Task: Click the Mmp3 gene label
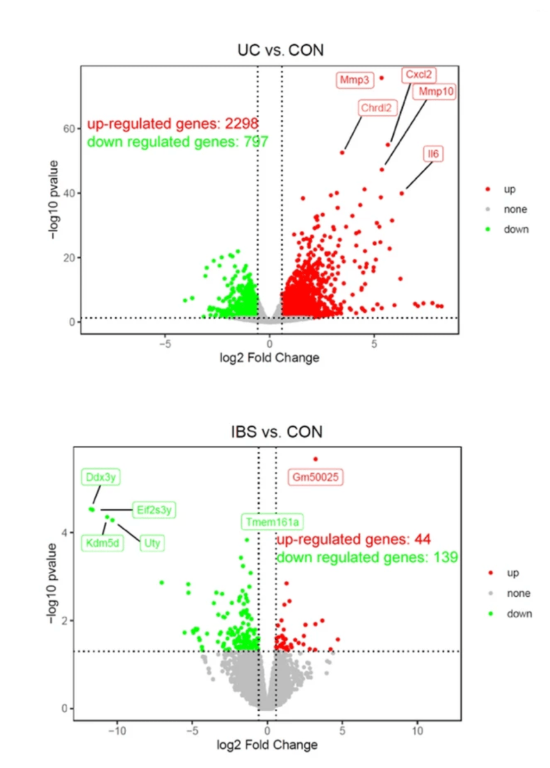(x=354, y=80)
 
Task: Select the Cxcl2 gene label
(x=419, y=75)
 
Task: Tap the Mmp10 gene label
(x=433, y=92)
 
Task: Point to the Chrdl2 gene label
(x=375, y=108)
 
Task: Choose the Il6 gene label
(x=433, y=154)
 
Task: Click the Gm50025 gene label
(x=316, y=477)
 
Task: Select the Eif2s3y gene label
(x=154, y=510)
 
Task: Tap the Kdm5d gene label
(x=102, y=543)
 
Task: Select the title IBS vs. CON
(x=276, y=431)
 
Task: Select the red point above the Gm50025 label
(x=315, y=459)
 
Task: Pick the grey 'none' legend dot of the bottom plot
(x=490, y=594)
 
